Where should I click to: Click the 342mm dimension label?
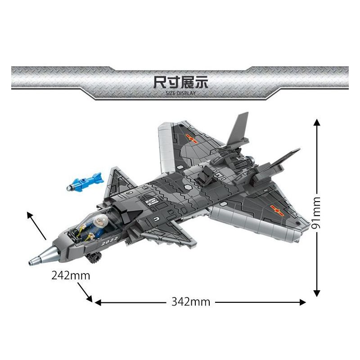[191, 302]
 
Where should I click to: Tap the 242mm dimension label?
[71, 275]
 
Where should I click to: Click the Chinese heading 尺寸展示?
[180, 82]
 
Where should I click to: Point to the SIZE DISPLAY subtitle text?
[180, 93]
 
